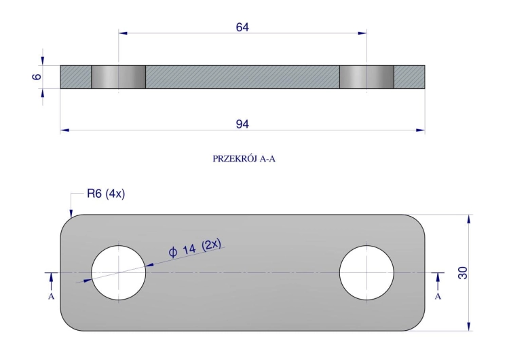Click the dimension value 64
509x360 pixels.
(242, 27)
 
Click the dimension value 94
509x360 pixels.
(242, 124)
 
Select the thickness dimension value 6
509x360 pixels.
(37, 77)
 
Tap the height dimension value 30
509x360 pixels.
(463, 272)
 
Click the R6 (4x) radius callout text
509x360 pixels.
(106, 194)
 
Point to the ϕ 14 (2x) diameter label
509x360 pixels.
(195, 248)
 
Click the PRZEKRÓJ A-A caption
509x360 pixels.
(244, 158)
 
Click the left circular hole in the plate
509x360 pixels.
(119, 272)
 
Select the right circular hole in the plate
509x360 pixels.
(366, 272)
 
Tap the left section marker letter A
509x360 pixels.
(51, 296)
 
